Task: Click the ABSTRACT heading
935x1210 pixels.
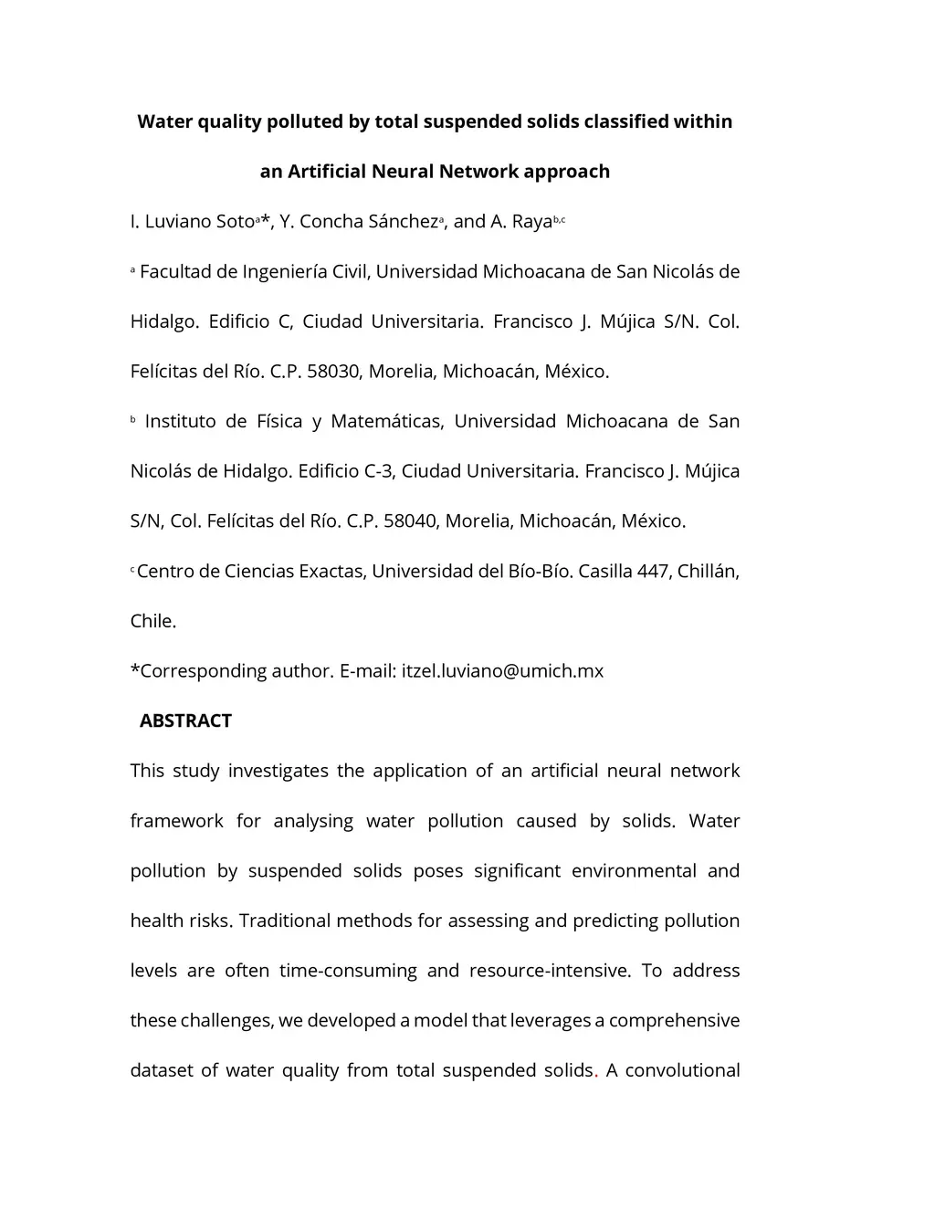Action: (x=185, y=721)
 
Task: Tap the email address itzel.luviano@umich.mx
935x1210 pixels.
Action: (x=502, y=671)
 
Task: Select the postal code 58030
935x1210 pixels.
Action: (x=335, y=372)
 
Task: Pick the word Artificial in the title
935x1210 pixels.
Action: (x=327, y=172)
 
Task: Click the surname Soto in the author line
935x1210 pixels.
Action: (x=234, y=222)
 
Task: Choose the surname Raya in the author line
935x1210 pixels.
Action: (x=531, y=222)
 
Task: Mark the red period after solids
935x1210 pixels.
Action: (x=596, y=1072)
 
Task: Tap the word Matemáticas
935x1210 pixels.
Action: (x=386, y=422)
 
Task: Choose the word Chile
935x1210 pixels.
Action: (x=152, y=622)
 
